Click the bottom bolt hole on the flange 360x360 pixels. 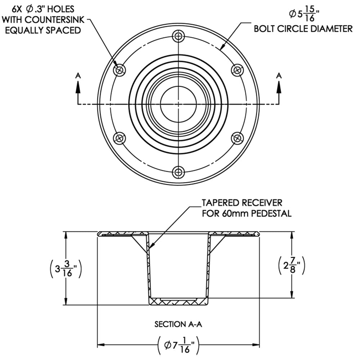coord(179,171)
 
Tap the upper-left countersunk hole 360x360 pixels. coord(120,70)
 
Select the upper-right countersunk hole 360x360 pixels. coord(237,69)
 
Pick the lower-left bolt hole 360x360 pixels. coord(120,138)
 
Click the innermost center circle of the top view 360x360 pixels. coord(179,104)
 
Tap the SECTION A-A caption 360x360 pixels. coord(179,324)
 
